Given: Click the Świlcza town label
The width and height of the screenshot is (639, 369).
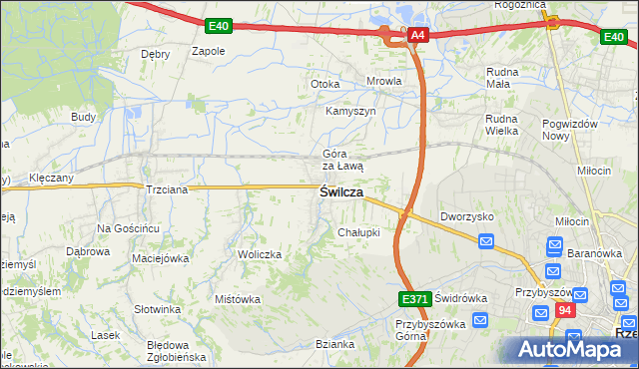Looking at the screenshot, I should click(x=340, y=191).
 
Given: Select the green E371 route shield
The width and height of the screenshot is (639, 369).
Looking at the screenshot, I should click(x=415, y=298).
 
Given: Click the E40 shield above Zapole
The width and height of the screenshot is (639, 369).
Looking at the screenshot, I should click(x=219, y=25).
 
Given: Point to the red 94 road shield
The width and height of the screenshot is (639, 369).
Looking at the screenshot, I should click(x=566, y=310).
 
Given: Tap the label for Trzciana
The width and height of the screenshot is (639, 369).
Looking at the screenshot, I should click(x=166, y=189).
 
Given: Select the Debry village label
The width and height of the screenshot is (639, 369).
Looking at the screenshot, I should click(x=155, y=54).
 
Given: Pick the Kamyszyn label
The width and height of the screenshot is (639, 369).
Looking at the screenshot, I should click(x=350, y=111).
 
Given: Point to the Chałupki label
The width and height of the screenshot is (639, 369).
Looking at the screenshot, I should click(x=358, y=232).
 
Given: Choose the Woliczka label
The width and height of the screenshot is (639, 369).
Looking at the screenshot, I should click(x=260, y=254).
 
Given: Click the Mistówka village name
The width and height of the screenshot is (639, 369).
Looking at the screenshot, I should click(x=238, y=298).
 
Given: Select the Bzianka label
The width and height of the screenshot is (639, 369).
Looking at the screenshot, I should click(x=334, y=344).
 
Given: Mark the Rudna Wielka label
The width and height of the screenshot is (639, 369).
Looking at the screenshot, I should click(x=504, y=124).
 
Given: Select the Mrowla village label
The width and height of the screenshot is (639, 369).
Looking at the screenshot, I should click(x=384, y=82).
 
